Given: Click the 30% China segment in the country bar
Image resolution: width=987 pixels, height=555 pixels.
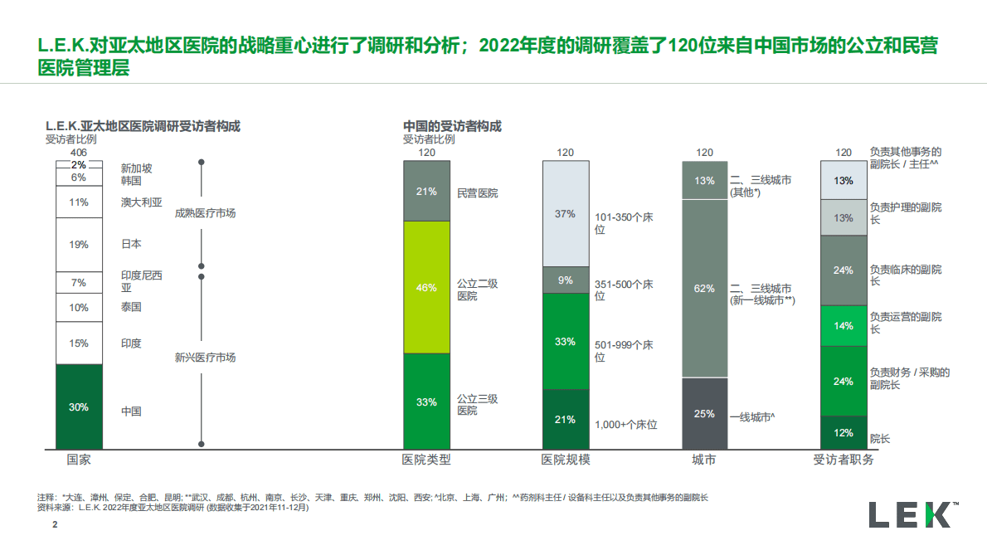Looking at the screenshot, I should [79, 407].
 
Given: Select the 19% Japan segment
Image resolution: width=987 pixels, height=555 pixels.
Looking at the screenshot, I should [79, 244].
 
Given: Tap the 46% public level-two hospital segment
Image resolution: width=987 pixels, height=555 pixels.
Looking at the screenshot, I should [426, 287].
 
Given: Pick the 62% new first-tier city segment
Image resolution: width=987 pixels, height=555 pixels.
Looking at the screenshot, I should [704, 288].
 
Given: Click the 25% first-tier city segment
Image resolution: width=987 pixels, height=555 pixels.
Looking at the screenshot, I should [704, 413].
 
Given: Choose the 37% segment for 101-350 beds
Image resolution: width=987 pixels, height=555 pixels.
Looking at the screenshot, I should [565, 213].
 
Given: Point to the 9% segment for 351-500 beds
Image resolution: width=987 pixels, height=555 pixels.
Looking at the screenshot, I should [565, 280].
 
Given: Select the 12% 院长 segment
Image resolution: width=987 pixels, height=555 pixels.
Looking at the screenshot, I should [844, 432].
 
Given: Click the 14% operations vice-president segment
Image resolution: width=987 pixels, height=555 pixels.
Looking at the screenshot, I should [844, 326].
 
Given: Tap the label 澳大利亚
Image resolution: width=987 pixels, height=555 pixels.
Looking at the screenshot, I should [141, 202].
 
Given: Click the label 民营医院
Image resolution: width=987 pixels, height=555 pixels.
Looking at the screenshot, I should [478, 192].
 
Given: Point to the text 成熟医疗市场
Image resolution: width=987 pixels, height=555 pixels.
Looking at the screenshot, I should [205, 213].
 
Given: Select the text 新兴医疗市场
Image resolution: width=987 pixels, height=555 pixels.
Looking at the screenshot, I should [205, 358].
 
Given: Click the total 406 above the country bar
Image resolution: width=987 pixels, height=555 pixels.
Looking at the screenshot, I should [79, 152].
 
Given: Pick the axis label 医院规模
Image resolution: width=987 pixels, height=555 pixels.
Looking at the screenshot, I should [566, 460].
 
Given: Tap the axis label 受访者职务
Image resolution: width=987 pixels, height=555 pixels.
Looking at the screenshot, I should [844, 460].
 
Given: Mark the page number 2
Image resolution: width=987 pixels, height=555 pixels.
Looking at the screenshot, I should [56, 525].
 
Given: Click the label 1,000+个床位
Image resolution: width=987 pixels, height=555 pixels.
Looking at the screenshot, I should [626, 425].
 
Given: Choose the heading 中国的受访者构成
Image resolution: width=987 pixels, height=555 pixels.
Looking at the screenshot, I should [452, 126].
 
